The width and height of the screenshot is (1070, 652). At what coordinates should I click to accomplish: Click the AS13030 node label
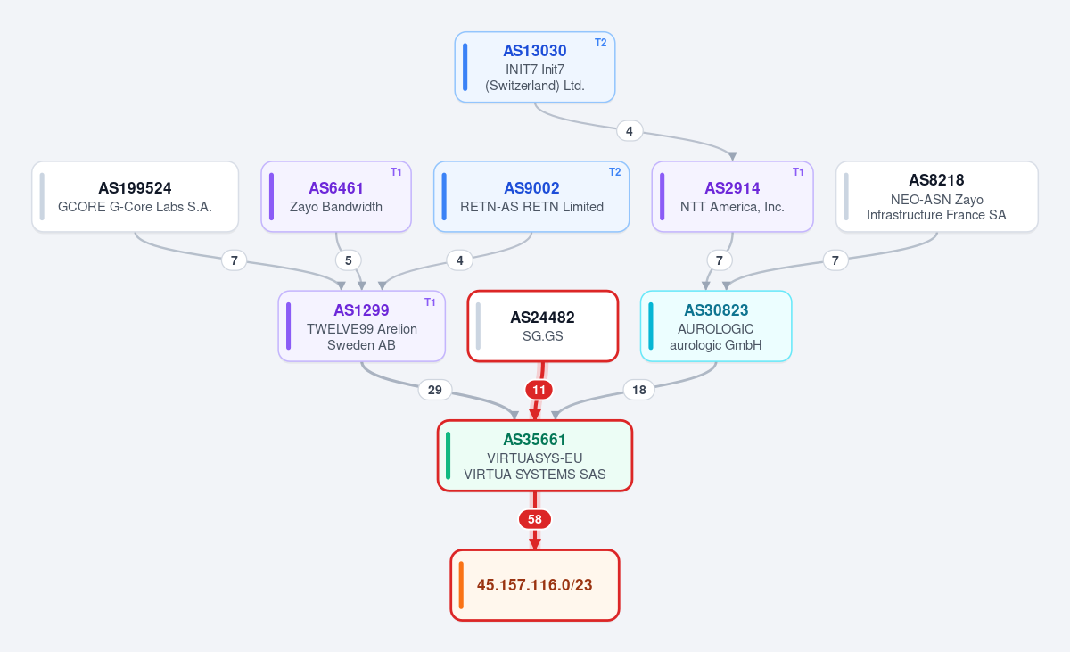(534, 51)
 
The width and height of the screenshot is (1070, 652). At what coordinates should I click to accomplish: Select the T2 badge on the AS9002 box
(614, 172)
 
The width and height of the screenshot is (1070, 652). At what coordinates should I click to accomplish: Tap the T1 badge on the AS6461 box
(396, 172)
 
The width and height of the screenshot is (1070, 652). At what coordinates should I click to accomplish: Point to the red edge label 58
(534, 519)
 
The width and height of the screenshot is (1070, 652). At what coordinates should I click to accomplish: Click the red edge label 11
(539, 390)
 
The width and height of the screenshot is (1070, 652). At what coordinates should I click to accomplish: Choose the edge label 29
(435, 390)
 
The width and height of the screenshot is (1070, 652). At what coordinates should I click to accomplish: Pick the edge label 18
(639, 390)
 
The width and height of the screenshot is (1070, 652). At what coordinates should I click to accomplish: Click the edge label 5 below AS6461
(349, 260)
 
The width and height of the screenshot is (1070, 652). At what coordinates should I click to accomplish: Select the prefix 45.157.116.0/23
(534, 585)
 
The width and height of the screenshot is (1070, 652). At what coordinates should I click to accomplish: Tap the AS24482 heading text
(543, 318)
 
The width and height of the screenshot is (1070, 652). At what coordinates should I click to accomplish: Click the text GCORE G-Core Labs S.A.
(135, 207)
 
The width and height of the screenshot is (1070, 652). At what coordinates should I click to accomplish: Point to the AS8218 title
(936, 180)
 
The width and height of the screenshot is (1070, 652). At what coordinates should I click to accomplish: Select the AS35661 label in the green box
(534, 440)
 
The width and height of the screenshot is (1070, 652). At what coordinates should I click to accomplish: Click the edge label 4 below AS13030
(630, 131)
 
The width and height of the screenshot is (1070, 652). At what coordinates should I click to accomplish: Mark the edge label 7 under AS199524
(234, 260)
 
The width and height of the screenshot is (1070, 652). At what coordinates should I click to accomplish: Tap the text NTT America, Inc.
(732, 207)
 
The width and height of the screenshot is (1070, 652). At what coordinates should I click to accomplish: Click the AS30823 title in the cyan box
(716, 310)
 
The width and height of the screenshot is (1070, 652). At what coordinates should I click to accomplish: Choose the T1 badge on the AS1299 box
(430, 301)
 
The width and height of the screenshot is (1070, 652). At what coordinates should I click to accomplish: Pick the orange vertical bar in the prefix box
(461, 585)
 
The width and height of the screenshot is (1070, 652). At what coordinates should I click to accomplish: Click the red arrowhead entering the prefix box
(534, 543)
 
